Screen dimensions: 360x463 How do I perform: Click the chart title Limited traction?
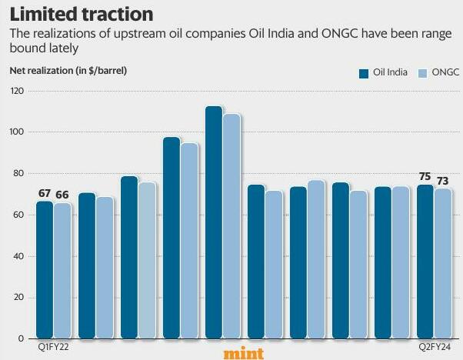[81, 14]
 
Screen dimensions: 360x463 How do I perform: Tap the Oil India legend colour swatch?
[364, 72]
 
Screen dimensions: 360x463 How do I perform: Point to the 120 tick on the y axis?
[16, 91]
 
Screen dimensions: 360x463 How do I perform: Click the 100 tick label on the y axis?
[16, 132]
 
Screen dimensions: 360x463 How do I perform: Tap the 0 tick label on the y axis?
[21, 338]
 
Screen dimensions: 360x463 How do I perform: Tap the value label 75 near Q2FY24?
[425, 177]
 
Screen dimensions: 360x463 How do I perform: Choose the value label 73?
[443, 181]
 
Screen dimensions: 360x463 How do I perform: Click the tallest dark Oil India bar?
[214, 223]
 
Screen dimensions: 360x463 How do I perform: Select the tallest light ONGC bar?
[231, 227]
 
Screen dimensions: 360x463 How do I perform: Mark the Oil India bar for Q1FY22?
[45, 269]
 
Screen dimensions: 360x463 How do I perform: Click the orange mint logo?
[244, 353]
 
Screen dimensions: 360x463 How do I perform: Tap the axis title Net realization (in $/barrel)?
[68, 71]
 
